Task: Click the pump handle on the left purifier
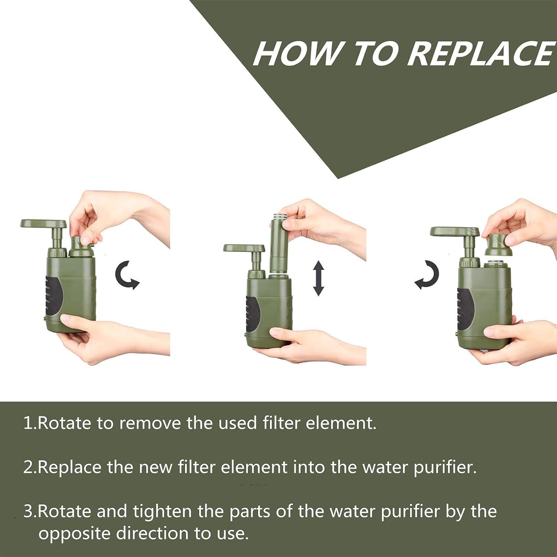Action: point(44,224)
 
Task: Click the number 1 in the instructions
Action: point(28,423)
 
